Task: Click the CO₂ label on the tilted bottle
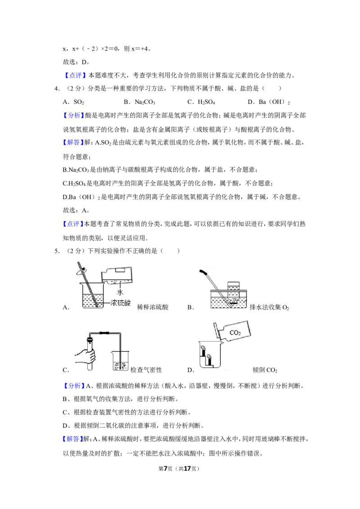[x=235, y=333]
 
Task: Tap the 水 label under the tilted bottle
[x=120, y=292]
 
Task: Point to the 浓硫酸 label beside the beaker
[x=120, y=303]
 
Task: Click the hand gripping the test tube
[x=85, y=357]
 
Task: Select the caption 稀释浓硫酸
[x=153, y=307]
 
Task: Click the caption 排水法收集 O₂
[x=269, y=307]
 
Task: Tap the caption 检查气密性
[x=146, y=370]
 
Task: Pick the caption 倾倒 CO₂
[x=265, y=370]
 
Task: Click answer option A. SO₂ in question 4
[x=73, y=102]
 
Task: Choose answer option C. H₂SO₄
[x=201, y=102]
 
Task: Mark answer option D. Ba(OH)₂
[x=269, y=102]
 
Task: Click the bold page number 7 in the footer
[x=165, y=469]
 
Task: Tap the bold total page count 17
[x=187, y=469]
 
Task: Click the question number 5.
[x=56, y=251]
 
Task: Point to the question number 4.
[x=56, y=88]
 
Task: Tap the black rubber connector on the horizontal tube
[x=104, y=333]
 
